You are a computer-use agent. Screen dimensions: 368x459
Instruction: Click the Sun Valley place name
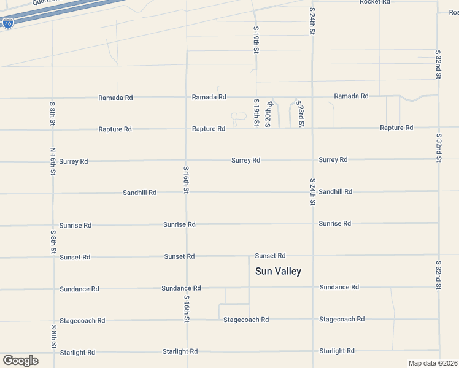(278, 271)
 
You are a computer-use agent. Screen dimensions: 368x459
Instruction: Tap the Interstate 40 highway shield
(7, 25)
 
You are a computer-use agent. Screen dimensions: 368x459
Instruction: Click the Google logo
(20, 360)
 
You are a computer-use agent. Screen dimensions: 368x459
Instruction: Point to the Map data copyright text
(432, 363)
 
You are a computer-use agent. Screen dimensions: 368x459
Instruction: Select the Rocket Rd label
(374, 2)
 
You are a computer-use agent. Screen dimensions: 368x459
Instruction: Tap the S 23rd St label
(301, 115)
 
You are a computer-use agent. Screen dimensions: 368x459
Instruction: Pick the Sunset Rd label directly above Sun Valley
(270, 256)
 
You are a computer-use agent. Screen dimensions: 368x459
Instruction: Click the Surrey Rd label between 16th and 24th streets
(245, 161)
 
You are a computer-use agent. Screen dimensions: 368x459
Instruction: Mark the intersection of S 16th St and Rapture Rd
(187, 129)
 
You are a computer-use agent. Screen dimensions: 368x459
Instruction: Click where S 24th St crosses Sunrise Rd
(313, 224)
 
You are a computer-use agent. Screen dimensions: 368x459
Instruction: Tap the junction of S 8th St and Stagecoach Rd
(53, 321)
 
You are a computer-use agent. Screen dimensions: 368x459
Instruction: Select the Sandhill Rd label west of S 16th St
(139, 193)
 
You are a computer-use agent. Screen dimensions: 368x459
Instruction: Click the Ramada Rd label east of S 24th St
(351, 96)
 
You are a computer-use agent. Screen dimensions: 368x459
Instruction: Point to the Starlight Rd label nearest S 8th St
(77, 353)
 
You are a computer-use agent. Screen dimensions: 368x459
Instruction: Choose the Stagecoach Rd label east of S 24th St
(342, 320)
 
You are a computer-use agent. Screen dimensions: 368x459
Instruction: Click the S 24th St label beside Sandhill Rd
(312, 191)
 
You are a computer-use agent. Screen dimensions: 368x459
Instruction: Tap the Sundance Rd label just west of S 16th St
(181, 288)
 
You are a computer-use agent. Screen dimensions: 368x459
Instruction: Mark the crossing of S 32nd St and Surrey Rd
(438, 159)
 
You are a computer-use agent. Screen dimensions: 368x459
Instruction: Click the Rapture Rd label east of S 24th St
(396, 128)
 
